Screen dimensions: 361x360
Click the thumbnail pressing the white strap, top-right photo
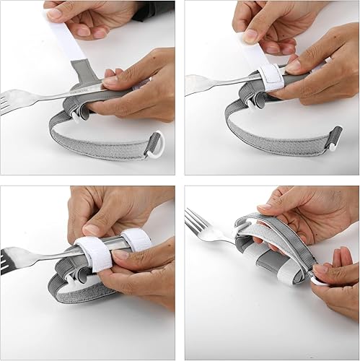250,36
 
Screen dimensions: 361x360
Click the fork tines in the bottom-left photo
13,261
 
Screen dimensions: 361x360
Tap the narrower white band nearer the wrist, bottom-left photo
136,239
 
